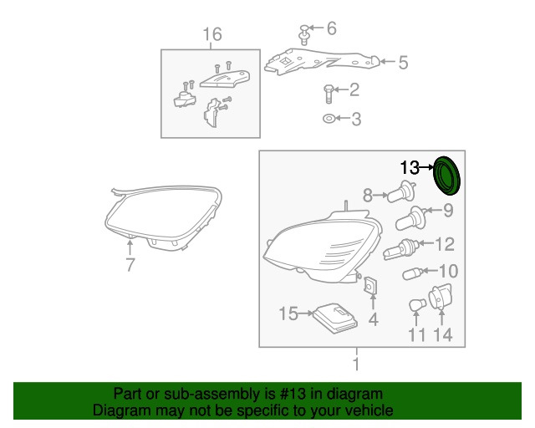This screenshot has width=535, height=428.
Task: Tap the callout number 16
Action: pos(212,34)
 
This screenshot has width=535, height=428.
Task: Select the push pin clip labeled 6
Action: pos(304,34)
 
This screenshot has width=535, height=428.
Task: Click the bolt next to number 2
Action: pos(328,94)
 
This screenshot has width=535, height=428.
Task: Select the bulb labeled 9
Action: pos(411,218)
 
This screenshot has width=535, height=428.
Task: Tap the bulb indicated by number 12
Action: pos(400,249)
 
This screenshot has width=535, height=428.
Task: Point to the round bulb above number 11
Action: pos(417,305)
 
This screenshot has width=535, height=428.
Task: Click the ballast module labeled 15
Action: pos(335,318)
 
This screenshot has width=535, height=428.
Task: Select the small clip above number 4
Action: pos(370,286)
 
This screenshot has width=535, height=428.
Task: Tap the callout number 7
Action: pos(130,265)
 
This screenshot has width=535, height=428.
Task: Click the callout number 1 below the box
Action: pos(357,364)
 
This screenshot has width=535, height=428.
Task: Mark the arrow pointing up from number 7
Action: pos(130,247)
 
